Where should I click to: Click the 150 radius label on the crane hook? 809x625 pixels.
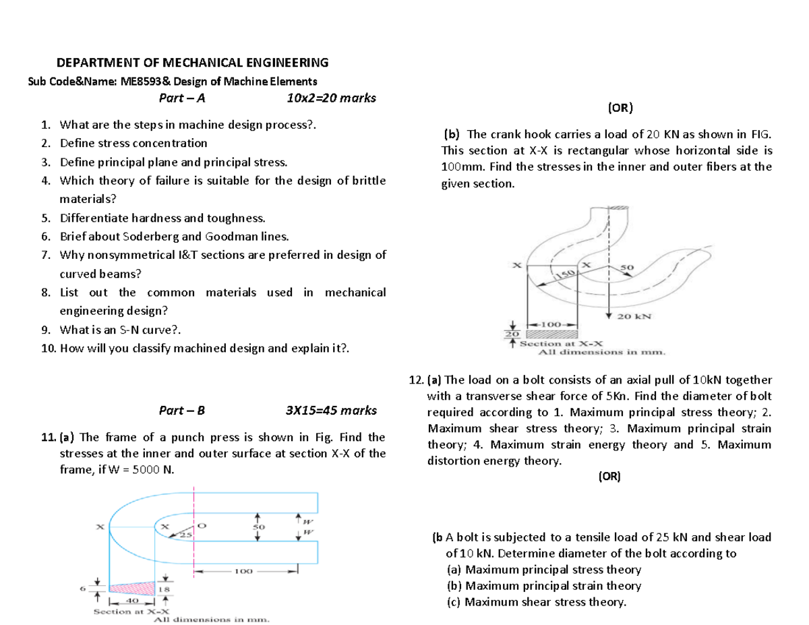[564, 274]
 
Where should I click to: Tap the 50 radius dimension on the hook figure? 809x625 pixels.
[626, 268]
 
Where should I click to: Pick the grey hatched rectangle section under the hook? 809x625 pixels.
[553, 334]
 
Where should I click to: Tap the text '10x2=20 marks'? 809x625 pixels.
[331, 98]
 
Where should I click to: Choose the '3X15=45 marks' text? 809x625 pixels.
[331, 410]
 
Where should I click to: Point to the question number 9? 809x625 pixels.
[44, 330]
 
